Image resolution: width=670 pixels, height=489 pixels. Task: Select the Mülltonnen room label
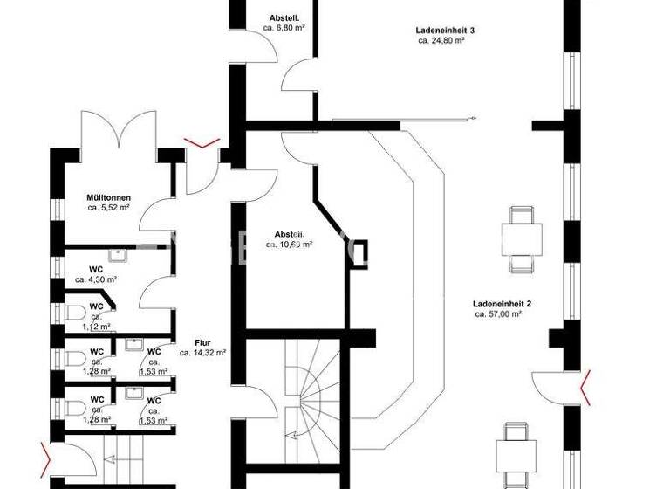pos(108,198)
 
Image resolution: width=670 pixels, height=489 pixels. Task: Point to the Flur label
pos(203,343)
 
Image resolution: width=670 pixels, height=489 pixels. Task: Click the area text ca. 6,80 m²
pos(284,28)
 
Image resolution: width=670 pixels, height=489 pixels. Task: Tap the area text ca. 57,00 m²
pos(498,313)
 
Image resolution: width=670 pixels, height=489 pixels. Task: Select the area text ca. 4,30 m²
pos(96,280)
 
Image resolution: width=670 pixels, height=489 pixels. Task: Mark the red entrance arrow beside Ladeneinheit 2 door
pos(586,388)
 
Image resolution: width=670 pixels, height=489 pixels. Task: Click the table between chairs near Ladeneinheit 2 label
pos(522,237)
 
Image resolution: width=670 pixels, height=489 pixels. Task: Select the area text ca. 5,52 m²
pos(109,209)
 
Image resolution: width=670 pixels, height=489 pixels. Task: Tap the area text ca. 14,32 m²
pos(203,353)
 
